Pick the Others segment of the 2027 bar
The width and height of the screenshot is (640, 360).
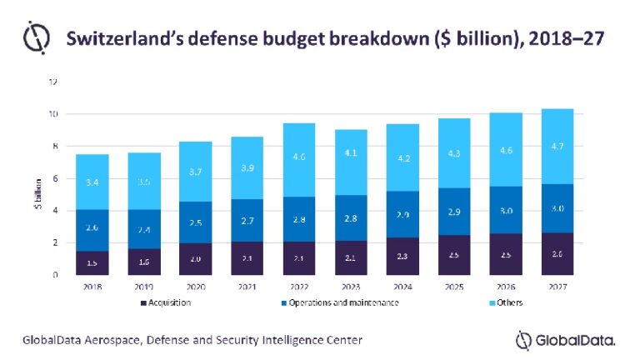[556, 146]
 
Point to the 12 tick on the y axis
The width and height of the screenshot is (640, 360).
[52, 82]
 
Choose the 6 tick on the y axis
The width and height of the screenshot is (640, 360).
[55, 178]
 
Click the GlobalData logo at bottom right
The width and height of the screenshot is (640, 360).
[567, 340]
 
